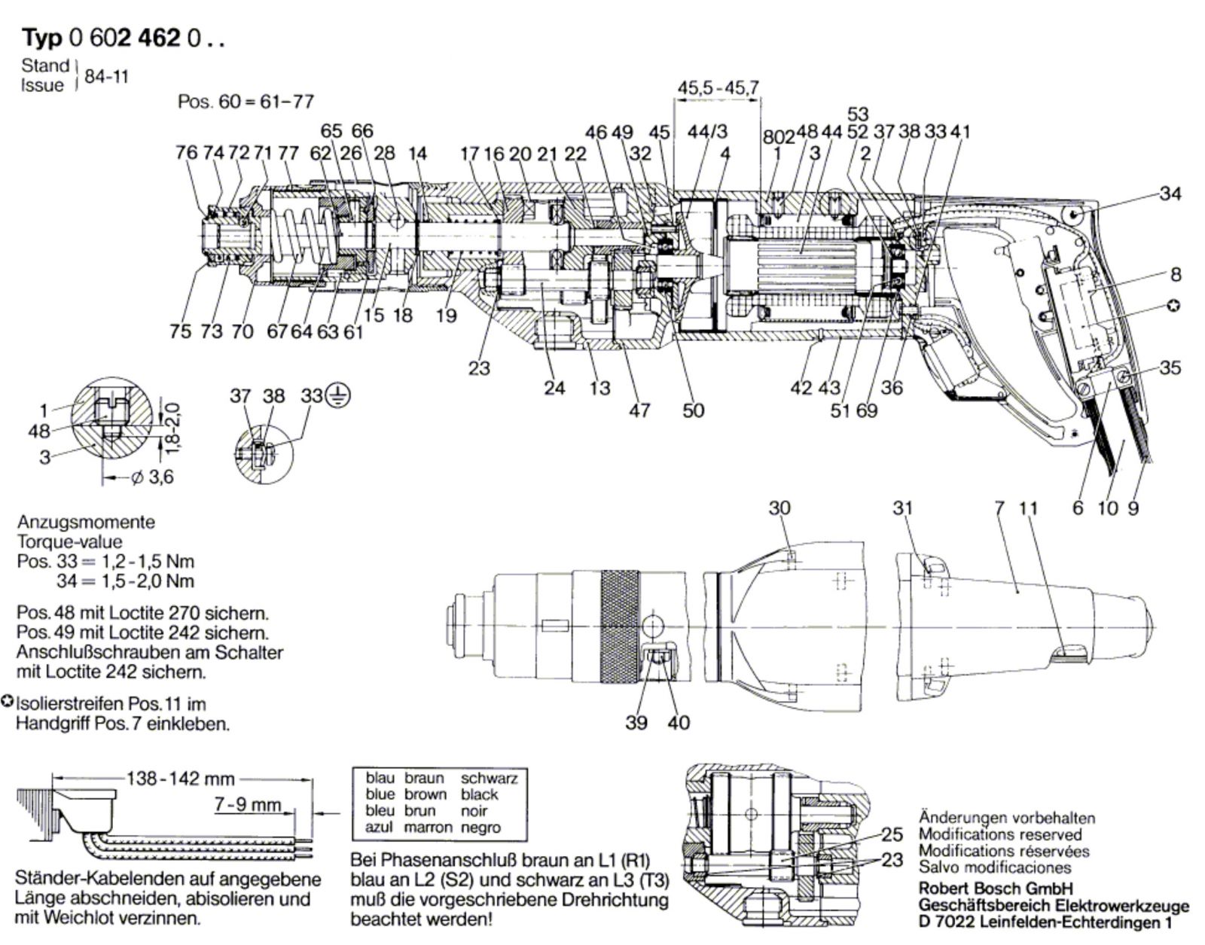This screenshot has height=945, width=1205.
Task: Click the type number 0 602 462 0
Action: tap(147, 38)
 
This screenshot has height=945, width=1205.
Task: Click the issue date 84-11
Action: tap(106, 77)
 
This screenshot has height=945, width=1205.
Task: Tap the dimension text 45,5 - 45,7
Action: tap(718, 87)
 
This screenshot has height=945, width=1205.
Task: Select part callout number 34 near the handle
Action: tap(1170, 194)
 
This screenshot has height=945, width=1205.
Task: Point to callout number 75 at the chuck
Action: tap(181, 331)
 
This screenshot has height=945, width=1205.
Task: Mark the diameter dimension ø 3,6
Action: tap(152, 477)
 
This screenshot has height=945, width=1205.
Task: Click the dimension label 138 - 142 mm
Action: tap(181, 779)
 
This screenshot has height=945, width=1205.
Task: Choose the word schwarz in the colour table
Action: tap(489, 778)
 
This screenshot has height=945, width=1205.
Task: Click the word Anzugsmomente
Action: tap(87, 522)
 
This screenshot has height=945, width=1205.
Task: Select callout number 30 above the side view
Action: tap(779, 508)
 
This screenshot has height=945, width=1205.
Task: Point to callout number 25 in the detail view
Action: tap(892, 834)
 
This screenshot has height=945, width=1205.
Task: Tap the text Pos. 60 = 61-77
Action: tap(246, 102)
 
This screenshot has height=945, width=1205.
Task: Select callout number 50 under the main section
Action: tap(693, 410)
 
